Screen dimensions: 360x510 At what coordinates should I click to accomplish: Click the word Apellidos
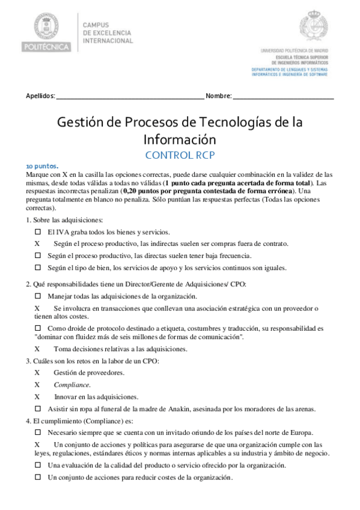click(x=40, y=96)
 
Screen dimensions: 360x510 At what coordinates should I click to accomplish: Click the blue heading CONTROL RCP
click(x=179, y=155)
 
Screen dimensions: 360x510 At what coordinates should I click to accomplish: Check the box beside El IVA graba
click(x=38, y=232)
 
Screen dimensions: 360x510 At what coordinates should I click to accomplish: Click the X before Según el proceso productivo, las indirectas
click(x=37, y=244)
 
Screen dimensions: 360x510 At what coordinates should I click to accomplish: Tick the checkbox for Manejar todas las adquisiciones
click(x=38, y=296)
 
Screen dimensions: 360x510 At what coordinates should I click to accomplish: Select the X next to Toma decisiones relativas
click(x=37, y=348)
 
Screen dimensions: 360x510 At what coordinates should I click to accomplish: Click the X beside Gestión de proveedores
click(x=37, y=373)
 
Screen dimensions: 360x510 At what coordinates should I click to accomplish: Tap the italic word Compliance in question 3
click(x=72, y=385)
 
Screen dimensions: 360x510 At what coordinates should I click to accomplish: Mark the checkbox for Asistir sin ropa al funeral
click(x=38, y=409)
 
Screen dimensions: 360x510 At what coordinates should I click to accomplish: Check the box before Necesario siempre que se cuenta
click(x=38, y=432)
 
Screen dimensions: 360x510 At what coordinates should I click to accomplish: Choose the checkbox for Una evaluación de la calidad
click(x=38, y=465)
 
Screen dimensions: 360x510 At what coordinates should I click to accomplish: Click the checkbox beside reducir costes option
click(x=38, y=477)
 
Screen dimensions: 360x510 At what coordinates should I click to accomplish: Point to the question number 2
click(x=28, y=284)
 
